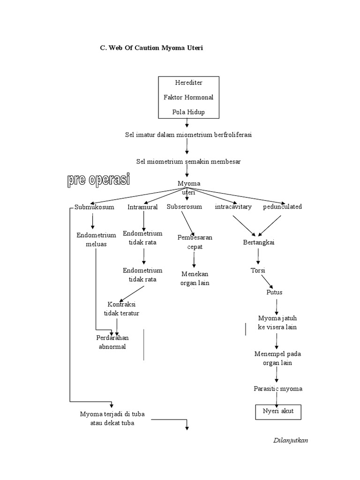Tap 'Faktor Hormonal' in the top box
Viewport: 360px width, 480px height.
click(x=188, y=97)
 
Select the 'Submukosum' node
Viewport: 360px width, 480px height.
click(x=94, y=207)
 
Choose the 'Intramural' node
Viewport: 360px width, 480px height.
click(x=142, y=207)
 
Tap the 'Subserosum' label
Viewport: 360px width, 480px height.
click(x=184, y=207)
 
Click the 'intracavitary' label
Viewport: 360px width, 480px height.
click(x=233, y=207)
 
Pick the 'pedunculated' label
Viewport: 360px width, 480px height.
click(x=282, y=207)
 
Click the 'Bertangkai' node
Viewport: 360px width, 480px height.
click(x=258, y=242)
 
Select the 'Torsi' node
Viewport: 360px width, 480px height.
click(x=258, y=270)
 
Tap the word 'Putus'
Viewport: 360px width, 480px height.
click(x=274, y=292)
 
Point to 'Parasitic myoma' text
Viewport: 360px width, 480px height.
click(x=278, y=389)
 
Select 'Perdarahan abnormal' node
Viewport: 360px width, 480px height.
click(x=112, y=342)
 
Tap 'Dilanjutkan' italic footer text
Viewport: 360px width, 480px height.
click(x=291, y=441)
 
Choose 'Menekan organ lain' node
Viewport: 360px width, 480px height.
click(x=195, y=278)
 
